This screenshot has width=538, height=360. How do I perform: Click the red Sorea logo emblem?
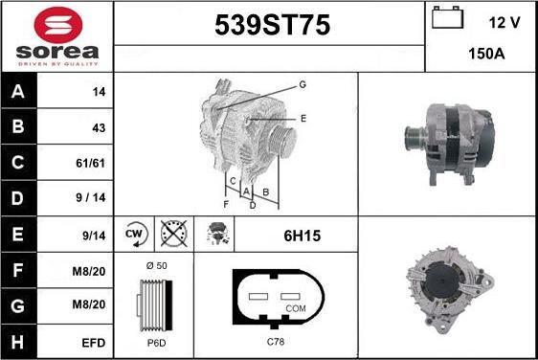pos(58,25)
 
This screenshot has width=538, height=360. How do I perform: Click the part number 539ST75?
pos(273,25)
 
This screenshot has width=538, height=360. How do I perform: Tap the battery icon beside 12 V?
pos(447,17)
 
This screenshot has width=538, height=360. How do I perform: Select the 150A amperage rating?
pos(486,54)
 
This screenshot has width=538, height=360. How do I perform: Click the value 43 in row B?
pos(99,128)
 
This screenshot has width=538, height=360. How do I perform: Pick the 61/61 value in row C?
pos(91,163)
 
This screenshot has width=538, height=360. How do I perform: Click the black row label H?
pos(18,342)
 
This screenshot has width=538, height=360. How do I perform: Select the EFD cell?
pos(93,343)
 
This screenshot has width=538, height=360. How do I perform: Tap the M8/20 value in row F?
pos(88,272)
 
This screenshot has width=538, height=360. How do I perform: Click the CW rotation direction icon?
pos(135,234)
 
